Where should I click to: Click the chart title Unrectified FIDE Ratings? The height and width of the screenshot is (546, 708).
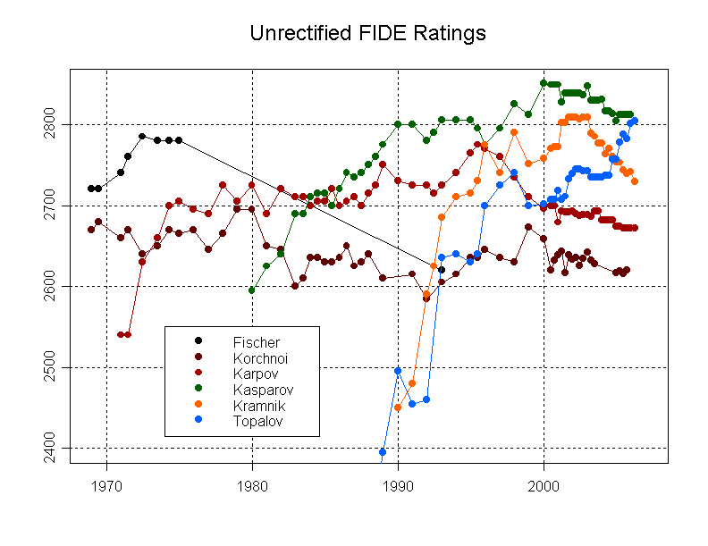tap(367, 34)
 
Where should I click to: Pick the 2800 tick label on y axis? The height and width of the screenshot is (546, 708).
tap(48, 124)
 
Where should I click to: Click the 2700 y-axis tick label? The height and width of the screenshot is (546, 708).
tap(48, 206)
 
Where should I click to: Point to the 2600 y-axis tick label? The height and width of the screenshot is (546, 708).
tap(48, 286)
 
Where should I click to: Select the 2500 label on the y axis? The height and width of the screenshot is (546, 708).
tap(48, 367)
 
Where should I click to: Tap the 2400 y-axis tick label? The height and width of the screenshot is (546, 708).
tap(48, 447)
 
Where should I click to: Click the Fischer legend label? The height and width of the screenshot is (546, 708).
tap(256, 342)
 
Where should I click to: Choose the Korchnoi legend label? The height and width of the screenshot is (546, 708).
tap(260, 358)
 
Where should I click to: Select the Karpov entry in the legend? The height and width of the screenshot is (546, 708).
tap(256, 374)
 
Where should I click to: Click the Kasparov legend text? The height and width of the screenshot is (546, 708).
tap(263, 390)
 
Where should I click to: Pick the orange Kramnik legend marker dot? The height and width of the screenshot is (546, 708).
tap(198, 406)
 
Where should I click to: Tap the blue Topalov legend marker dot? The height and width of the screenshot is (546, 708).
tap(198, 421)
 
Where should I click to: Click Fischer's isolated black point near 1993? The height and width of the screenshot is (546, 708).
tap(442, 270)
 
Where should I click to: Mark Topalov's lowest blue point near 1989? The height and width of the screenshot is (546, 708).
tap(383, 452)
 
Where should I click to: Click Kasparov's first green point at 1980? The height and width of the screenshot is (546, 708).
tap(252, 290)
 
